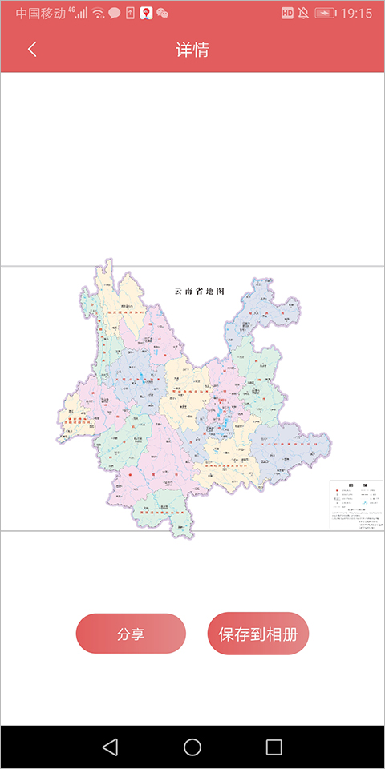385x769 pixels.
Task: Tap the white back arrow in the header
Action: [32, 49]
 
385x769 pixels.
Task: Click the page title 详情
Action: [192, 50]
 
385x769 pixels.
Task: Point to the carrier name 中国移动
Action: [40, 14]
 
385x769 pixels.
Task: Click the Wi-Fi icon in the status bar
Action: [98, 14]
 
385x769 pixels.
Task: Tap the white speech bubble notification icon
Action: [114, 14]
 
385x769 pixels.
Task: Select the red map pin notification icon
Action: [146, 13]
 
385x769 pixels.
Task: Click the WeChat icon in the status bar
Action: [163, 14]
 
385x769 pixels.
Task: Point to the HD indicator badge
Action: [287, 14]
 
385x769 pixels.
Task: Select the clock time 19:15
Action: [356, 14]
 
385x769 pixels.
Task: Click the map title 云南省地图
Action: [200, 291]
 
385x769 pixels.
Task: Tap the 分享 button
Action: [131, 634]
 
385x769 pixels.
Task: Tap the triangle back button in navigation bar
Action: [111, 747]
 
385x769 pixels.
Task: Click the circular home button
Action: [192, 747]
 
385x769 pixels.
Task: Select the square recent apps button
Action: [274, 747]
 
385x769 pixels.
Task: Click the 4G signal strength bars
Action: [80, 14]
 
